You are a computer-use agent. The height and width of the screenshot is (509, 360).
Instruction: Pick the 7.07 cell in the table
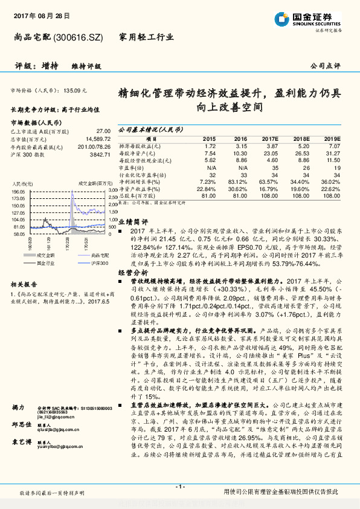335,146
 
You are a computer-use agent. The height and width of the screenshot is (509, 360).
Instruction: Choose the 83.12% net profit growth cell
240,181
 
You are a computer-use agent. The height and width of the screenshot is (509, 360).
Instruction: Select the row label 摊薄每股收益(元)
140,146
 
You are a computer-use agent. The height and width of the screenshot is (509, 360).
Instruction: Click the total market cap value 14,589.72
96,139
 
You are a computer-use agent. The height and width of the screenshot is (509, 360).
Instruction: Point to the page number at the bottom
179,486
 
